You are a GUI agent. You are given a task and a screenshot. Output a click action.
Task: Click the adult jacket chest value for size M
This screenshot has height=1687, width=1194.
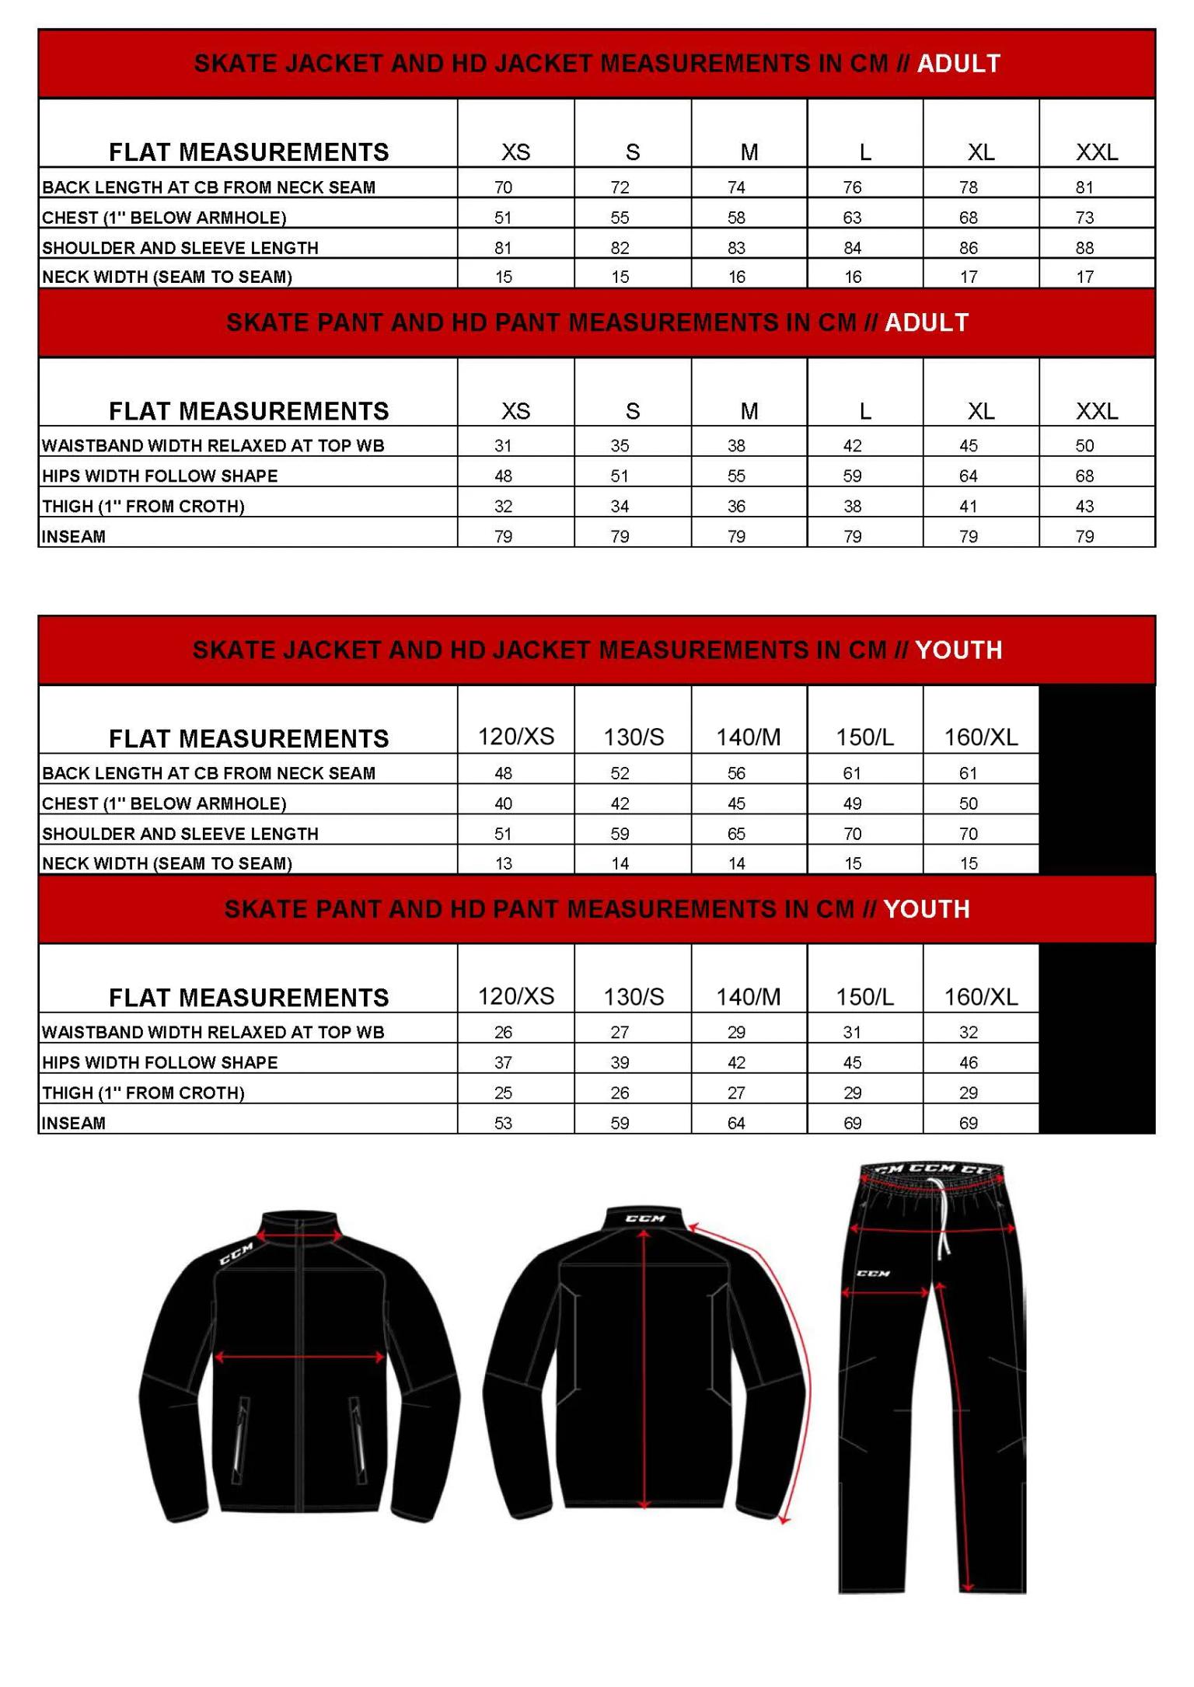click(x=736, y=218)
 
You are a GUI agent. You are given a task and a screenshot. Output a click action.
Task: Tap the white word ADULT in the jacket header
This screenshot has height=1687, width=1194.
click(x=958, y=64)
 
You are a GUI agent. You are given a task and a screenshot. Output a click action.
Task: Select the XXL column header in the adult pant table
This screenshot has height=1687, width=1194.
click(x=1096, y=411)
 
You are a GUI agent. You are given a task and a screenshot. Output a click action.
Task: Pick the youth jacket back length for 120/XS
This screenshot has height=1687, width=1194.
click(x=503, y=773)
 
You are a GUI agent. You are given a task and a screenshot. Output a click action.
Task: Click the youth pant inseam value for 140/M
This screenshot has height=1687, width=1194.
click(x=736, y=1123)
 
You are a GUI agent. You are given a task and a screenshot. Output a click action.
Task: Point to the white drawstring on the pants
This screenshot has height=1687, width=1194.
click(x=944, y=1220)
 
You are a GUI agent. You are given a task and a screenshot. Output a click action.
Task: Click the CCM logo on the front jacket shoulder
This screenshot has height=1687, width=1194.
click(x=236, y=1253)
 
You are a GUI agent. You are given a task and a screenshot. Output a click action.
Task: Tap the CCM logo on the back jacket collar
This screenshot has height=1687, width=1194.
click(x=645, y=1218)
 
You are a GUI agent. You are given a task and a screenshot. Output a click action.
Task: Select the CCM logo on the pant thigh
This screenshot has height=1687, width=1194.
click(x=872, y=1274)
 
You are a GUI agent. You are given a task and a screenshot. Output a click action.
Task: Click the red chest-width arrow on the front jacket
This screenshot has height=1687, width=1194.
click(x=299, y=1358)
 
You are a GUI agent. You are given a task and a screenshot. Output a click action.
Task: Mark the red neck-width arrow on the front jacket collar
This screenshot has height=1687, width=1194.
click(x=300, y=1237)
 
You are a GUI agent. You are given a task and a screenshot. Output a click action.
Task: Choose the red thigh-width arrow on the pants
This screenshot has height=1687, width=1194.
click(x=885, y=1292)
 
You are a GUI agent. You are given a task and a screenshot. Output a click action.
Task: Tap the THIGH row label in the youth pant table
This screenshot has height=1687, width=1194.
click(x=143, y=1093)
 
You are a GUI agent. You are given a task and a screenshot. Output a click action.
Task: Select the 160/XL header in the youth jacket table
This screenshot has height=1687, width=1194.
click(x=980, y=737)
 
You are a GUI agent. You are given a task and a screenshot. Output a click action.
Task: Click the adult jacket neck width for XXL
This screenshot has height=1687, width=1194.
click(x=1084, y=277)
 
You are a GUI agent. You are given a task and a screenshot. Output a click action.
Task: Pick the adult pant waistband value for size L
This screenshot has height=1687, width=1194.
click(x=852, y=446)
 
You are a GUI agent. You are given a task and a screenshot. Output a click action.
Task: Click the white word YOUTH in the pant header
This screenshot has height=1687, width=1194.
click(x=926, y=909)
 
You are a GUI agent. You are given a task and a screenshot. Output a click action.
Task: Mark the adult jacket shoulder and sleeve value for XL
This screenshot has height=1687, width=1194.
click(x=968, y=248)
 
